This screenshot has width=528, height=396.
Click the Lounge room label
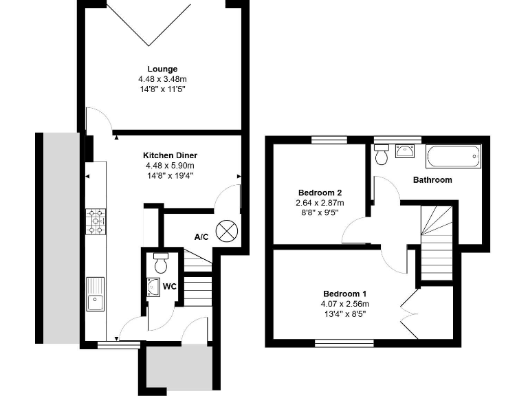click(x=162, y=69)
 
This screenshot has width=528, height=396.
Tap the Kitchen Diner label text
click(x=170, y=155)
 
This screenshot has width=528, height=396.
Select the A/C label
click(x=201, y=237)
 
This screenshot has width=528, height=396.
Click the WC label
click(x=170, y=286)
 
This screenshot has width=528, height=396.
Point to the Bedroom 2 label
click(x=320, y=192)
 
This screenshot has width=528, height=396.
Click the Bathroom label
click(x=432, y=180)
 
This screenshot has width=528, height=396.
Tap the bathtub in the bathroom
click(x=453, y=157)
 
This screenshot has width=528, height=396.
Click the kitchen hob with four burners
click(x=96, y=221)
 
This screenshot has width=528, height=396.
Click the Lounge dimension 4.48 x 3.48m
click(x=162, y=79)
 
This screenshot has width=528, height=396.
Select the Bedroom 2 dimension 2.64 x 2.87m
click(x=320, y=203)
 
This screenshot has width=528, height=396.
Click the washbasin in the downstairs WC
click(x=153, y=287)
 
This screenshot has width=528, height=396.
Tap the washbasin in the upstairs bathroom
click(x=406, y=151)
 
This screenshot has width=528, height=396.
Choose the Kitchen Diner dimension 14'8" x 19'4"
click(x=170, y=175)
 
